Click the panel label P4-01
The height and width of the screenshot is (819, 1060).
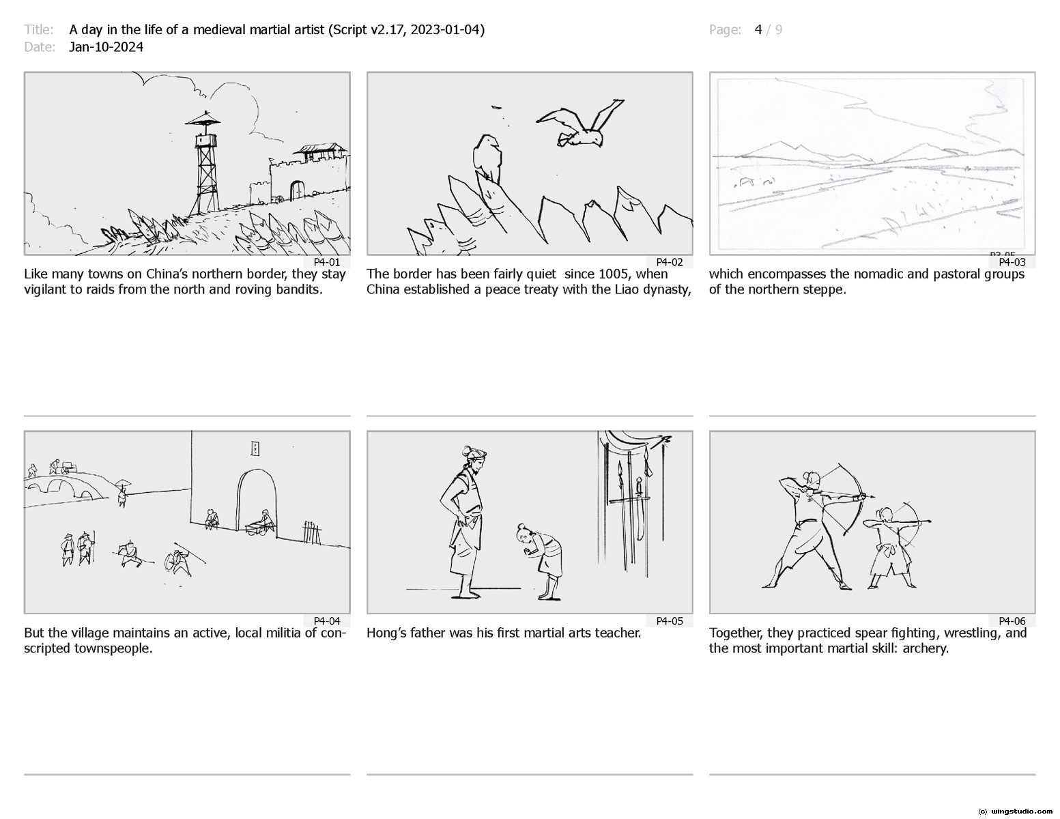(326, 262)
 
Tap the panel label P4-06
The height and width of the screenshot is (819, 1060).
(1012, 621)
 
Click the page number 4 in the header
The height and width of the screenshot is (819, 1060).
(758, 30)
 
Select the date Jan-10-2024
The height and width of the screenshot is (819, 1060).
(106, 47)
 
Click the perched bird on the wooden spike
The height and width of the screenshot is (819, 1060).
(487, 158)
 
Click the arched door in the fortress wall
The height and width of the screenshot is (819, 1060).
(297, 190)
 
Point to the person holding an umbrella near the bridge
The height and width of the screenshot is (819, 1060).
(122, 493)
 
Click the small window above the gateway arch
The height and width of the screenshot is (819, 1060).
(254, 448)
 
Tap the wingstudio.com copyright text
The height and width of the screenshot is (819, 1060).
(1015, 811)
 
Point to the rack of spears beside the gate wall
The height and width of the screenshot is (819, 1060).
(311, 532)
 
